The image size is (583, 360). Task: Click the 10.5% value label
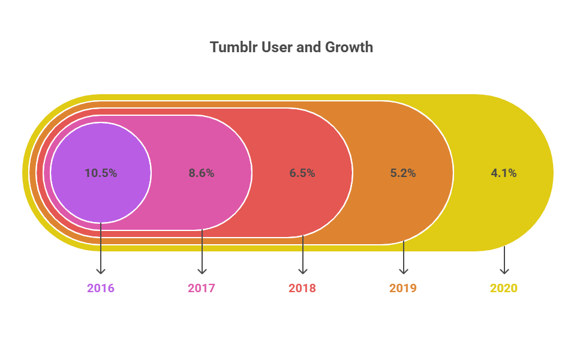[101, 173]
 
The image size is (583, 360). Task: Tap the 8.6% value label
[202, 173]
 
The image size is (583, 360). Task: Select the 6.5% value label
[302, 173]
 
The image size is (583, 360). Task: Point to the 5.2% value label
[403, 173]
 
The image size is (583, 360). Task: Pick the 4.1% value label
[504, 173]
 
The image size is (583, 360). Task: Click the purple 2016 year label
[101, 288]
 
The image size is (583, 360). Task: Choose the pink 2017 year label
[202, 288]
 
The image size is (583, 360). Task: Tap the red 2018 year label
[302, 288]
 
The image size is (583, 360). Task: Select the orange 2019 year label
[403, 288]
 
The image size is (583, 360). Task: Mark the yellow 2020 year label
[504, 288]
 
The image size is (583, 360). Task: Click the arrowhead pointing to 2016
[101, 271]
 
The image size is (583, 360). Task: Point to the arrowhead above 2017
[202, 271]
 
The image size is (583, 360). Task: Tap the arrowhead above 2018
[302, 271]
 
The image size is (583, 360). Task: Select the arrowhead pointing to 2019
[403, 271]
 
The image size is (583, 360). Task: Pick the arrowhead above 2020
[504, 271]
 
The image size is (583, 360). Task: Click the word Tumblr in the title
[233, 47]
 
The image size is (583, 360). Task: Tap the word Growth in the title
[349, 47]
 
